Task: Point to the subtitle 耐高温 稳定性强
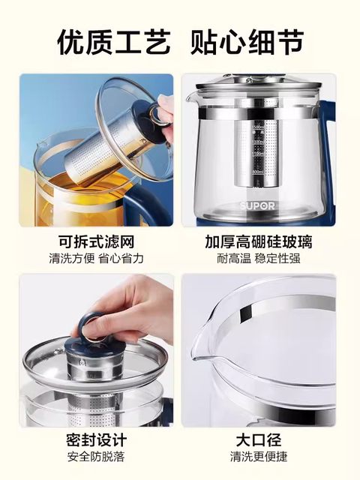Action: [x=258, y=258]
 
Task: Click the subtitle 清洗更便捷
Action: [x=258, y=456]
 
